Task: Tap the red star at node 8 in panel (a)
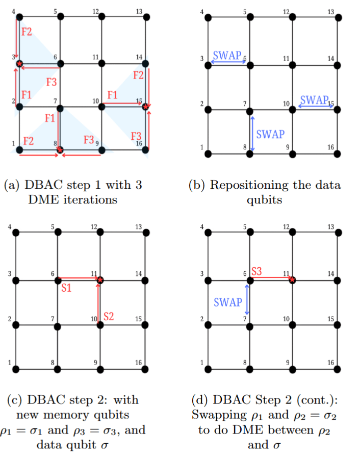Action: click(x=60, y=150)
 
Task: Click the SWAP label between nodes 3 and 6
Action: click(x=227, y=55)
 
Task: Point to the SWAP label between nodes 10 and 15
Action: click(x=313, y=98)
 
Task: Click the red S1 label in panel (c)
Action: click(x=66, y=288)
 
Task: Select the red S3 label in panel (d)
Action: click(x=256, y=271)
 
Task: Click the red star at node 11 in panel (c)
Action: click(x=100, y=280)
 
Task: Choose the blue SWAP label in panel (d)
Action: click(x=227, y=302)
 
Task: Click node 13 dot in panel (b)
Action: click(x=339, y=18)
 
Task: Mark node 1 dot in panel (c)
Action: click(x=15, y=368)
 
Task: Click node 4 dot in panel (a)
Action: click(x=19, y=16)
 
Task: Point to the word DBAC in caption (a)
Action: click(x=39, y=185)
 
